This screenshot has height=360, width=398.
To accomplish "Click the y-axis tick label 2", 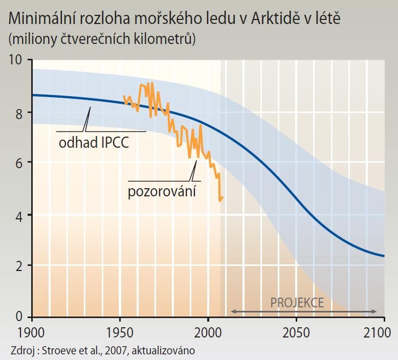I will [x=19, y=265].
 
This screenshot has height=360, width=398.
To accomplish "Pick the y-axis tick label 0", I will [x=19, y=317].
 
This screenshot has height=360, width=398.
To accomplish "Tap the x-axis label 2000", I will [x=208, y=333].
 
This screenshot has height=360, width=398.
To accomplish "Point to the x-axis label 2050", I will [x=296, y=333].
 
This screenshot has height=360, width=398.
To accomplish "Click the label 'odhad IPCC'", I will [x=94, y=142].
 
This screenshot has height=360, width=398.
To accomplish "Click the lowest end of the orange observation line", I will [x=220, y=200].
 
